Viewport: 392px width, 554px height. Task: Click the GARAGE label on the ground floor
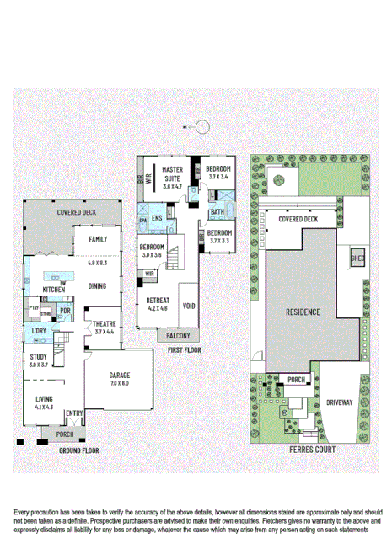point(119,375)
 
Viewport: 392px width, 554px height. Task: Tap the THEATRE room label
point(104,324)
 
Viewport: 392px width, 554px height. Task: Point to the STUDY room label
point(39,357)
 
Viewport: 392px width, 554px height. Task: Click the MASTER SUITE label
point(173,174)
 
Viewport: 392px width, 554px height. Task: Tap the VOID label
point(189,306)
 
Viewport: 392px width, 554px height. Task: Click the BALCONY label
point(176,335)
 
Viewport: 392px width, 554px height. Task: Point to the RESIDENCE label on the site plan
point(303,312)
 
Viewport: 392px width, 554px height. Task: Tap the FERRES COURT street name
point(311,450)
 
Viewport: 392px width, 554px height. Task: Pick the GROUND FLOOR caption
point(79,450)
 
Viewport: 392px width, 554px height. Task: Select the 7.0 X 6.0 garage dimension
point(119,383)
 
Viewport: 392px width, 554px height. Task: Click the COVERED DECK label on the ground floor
point(76,213)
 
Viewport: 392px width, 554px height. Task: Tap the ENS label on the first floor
point(156,218)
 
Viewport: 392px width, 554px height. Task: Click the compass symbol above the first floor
point(202,127)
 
